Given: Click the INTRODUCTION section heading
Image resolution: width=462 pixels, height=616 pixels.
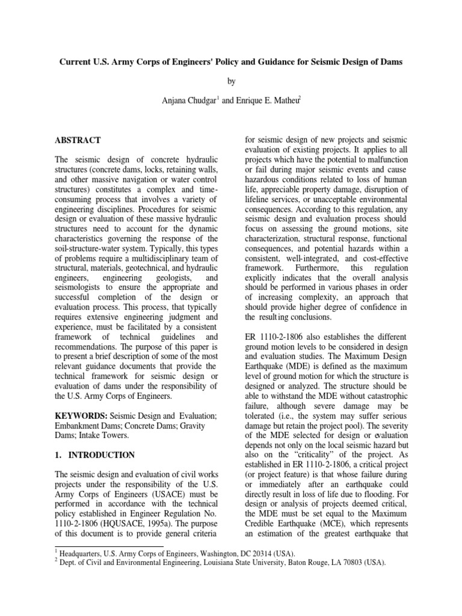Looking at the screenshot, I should [x=100, y=455].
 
